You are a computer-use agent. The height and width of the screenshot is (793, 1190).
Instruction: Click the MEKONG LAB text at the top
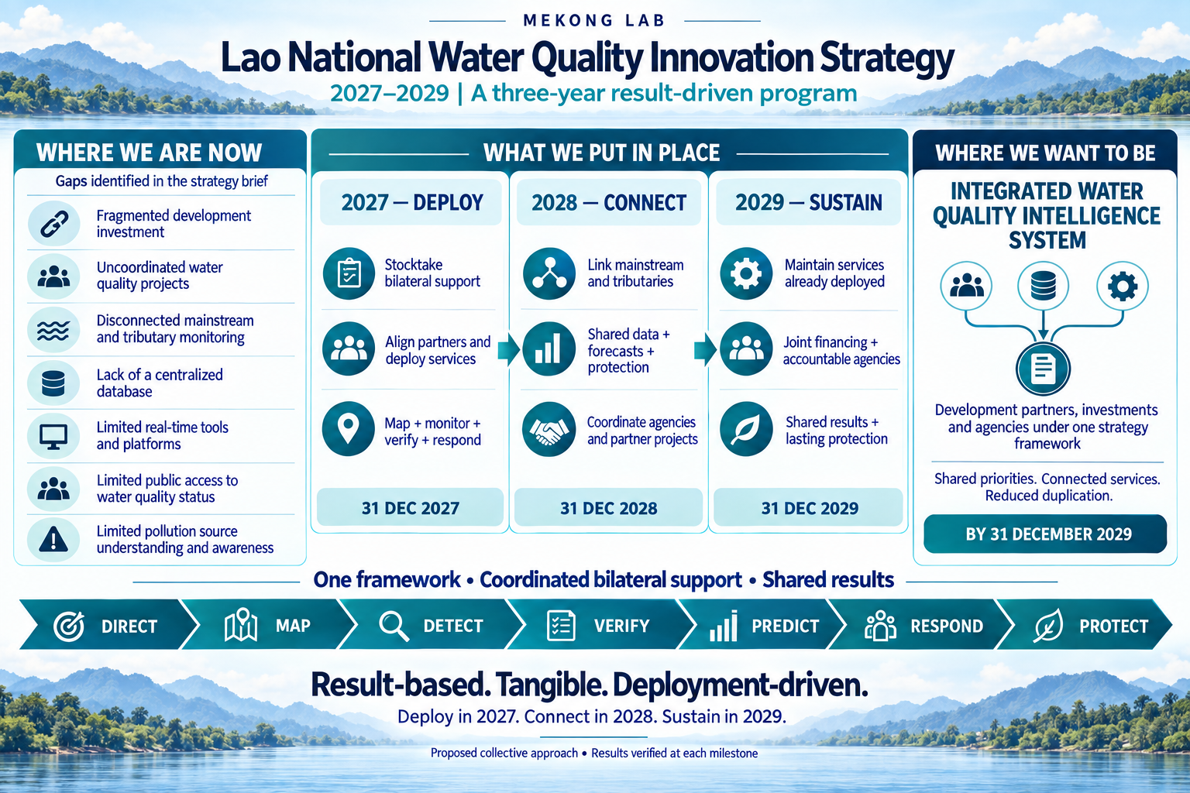pos(594,21)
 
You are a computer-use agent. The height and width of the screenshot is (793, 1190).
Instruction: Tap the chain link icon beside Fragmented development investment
pos(53,224)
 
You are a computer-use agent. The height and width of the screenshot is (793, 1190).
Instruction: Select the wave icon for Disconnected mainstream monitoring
pos(53,330)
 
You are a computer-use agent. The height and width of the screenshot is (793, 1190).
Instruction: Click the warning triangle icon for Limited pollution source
pos(53,541)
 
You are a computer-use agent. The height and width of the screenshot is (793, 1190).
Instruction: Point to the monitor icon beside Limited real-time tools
pos(53,436)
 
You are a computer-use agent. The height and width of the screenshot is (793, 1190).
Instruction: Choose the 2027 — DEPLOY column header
pos(411,202)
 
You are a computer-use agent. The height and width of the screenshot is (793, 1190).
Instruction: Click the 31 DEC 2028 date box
pos(609,508)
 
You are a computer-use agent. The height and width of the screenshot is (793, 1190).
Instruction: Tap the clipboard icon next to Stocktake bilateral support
pos(349,273)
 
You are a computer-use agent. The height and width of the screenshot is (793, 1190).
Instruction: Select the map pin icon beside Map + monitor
pos(349,428)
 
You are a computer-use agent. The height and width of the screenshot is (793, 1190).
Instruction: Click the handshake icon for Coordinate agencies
pos(549,429)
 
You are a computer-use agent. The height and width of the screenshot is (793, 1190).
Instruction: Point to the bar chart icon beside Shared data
pos(549,349)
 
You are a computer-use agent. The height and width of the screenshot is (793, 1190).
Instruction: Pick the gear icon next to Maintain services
pos(746,273)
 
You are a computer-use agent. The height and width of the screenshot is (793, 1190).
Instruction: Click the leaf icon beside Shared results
pos(746,429)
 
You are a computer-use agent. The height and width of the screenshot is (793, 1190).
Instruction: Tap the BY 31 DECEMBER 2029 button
pos(1045,534)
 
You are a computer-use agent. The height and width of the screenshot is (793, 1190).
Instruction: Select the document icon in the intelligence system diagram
pos(1043,369)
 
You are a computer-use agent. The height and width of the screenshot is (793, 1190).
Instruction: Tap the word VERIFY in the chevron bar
pos(621,626)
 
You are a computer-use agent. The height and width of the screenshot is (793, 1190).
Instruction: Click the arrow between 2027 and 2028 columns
pos(508,349)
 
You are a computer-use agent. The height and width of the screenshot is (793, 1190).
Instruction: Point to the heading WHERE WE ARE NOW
pos(150,153)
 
